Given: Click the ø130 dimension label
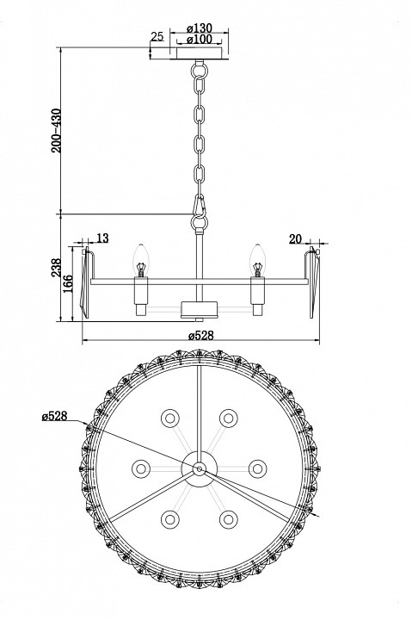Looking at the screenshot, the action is pyautogui.click(x=200, y=28).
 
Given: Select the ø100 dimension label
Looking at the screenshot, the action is pyautogui.click(x=200, y=39).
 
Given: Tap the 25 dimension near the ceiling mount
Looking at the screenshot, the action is pyautogui.click(x=157, y=36).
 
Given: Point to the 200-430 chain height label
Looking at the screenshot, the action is pyautogui.click(x=57, y=131).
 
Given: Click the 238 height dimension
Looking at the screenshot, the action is pyautogui.click(x=57, y=268).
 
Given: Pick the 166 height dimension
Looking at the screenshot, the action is pyautogui.click(x=68, y=283).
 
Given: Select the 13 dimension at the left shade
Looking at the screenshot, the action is pyautogui.click(x=102, y=239).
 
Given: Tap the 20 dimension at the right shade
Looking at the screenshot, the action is pyautogui.click(x=295, y=239).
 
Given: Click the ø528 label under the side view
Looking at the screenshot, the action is pyautogui.click(x=200, y=336).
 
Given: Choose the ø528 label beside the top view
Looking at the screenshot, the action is pyautogui.click(x=54, y=416).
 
